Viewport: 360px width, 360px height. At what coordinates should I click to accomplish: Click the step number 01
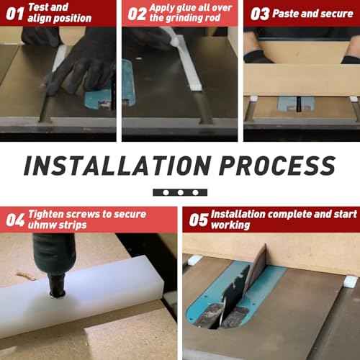coord(14,14)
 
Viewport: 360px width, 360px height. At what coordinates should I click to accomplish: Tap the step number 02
coord(137,14)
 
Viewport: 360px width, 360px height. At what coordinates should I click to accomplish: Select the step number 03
coord(259,14)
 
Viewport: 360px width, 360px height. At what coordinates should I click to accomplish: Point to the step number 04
coord(15,220)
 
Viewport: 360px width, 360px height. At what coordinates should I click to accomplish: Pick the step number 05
coord(198,220)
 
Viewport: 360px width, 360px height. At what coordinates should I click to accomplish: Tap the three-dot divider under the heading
coord(180,193)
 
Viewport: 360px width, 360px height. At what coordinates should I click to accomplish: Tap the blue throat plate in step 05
coord(238,302)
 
